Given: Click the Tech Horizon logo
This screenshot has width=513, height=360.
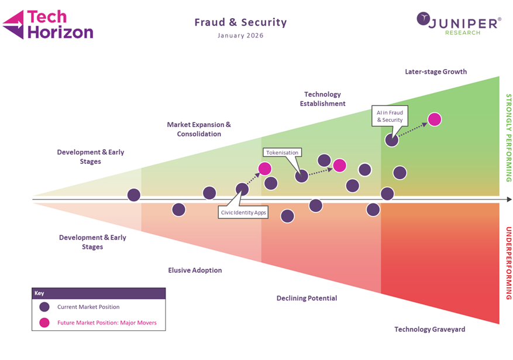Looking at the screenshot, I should click(x=48, y=25).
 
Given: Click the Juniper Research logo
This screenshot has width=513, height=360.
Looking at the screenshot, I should click(x=459, y=23).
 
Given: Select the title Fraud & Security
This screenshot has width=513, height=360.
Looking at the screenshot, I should click(x=240, y=23).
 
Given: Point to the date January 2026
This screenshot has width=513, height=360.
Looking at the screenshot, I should click(x=240, y=36).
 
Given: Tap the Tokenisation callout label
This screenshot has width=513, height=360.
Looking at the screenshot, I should click(x=283, y=152).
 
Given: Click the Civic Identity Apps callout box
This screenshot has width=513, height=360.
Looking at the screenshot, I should click(x=244, y=212).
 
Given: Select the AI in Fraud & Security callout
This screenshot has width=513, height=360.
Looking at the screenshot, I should click(x=390, y=115).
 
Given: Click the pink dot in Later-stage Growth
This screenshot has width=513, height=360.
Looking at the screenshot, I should click(x=434, y=119).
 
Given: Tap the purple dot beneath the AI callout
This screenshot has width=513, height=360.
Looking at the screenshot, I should click(x=391, y=139).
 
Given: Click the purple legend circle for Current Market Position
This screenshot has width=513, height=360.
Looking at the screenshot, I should click(x=44, y=307).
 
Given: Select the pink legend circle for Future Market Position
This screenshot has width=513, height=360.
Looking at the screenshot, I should click(x=44, y=323).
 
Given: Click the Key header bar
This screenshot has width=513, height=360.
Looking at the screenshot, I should click(x=98, y=293).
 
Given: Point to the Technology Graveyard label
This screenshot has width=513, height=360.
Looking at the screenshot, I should click(x=429, y=330).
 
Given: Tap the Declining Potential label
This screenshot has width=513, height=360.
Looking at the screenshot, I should click(x=307, y=299).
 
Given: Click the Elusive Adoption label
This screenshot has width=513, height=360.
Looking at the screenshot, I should click(x=195, y=270).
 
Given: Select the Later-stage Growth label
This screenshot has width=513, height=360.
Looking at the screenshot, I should click(x=436, y=72).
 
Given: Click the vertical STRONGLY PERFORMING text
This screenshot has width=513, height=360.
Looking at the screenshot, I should click(x=508, y=138).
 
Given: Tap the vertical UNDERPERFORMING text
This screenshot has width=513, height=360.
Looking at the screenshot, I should click(x=508, y=263).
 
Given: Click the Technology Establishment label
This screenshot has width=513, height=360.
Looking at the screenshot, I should click(x=322, y=99).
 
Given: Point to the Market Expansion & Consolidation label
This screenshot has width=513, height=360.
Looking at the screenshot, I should click(x=199, y=129).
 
